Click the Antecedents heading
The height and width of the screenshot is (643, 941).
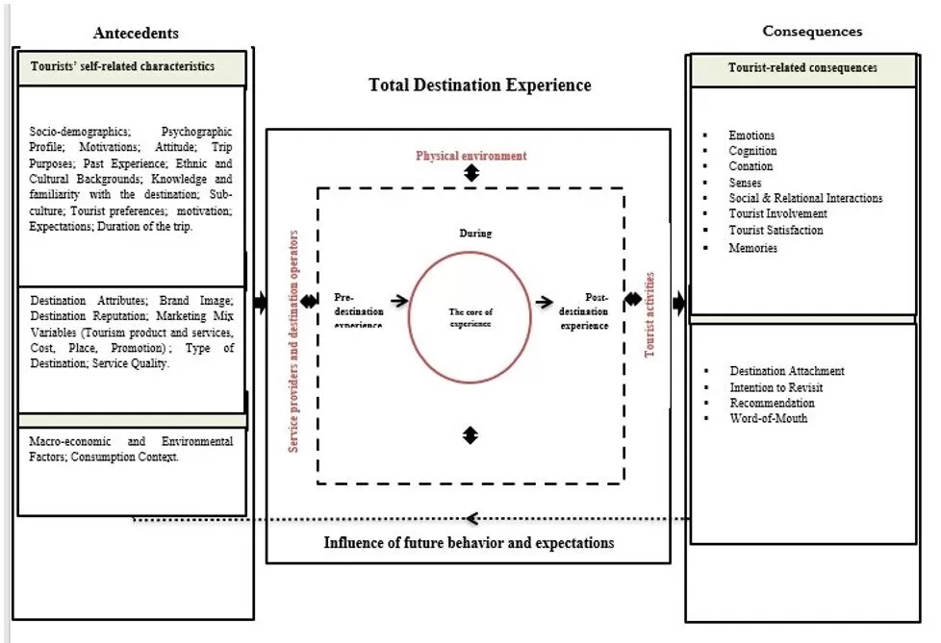click(x=136, y=34)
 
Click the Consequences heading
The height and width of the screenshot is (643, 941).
click(x=812, y=31)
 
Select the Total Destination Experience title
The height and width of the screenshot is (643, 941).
click(x=480, y=86)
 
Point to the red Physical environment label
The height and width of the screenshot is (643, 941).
click(x=470, y=156)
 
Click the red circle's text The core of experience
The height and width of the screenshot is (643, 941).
click(x=470, y=318)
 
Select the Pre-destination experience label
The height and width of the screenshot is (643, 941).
click(x=359, y=310)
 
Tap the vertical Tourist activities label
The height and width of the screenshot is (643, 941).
click(x=650, y=314)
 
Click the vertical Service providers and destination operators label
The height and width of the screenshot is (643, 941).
click(x=297, y=341)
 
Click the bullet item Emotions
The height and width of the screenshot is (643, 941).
click(x=751, y=136)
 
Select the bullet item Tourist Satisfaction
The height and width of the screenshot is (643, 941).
click(x=776, y=231)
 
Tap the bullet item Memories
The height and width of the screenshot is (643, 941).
click(x=752, y=248)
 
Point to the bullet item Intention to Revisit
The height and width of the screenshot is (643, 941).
click(x=776, y=387)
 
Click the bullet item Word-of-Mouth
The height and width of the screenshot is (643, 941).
click(x=768, y=419)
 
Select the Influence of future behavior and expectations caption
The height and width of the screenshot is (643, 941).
click(x=469, y=543)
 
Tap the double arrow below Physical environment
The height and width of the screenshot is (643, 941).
click(x=470, y=173)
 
